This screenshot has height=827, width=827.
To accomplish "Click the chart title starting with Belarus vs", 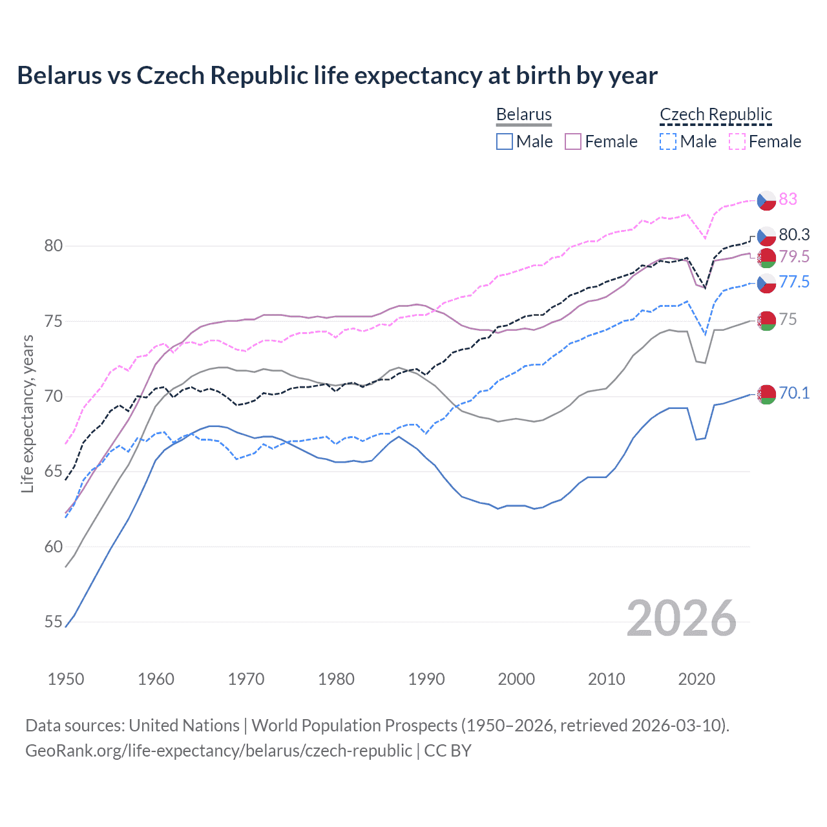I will point(337,76).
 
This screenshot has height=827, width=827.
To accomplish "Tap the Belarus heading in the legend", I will point(523,114).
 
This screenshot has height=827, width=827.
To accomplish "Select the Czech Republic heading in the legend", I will point(715,114).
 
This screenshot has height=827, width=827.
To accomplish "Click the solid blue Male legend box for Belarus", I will point(505,141).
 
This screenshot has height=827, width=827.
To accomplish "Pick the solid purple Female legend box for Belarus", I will point(573,141).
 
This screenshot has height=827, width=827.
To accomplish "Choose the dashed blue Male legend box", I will point(668,141).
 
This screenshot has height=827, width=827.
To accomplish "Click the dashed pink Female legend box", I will point(737,141).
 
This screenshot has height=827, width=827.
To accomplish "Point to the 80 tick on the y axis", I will point(54,246).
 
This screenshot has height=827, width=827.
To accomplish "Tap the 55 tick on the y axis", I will point(54,622).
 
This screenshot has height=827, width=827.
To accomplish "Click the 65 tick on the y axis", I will point(54,472).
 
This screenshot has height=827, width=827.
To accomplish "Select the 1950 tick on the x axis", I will point(66,679).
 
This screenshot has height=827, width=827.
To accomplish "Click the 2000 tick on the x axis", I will point(516,679).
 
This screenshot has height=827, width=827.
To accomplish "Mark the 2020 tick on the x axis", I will point(696,679).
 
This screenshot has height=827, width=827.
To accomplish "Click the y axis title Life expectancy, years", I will point(27,413).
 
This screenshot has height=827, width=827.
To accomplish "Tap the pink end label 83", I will point(788,199).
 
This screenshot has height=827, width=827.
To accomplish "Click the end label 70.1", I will point(794,393).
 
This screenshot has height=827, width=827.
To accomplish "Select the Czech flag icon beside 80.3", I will point(766,235).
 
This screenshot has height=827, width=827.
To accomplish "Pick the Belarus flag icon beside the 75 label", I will point(766,320).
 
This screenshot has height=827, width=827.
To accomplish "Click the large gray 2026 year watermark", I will point(681,618).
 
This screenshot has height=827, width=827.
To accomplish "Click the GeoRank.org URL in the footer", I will point(218,751).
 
